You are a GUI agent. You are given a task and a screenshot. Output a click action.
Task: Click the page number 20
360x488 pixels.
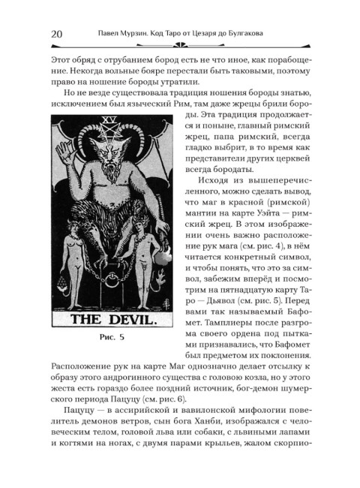[x=55, y=33]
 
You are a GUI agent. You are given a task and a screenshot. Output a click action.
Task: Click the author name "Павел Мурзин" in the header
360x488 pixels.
[x=128, y=33]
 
